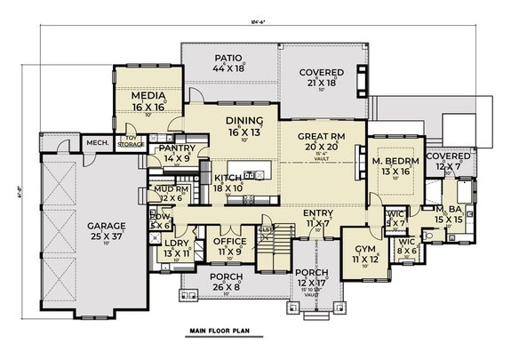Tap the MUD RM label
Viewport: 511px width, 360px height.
(x=166, y=188)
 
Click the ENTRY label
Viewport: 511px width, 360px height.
(x=317, y=212)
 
